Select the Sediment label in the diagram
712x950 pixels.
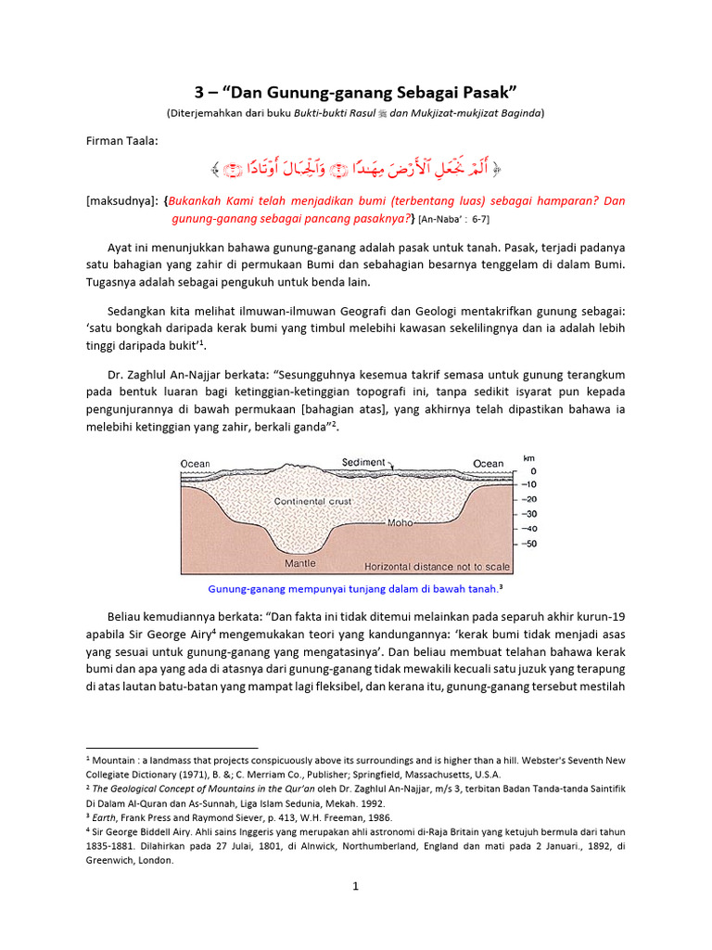click(363, 462)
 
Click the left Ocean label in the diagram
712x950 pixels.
click(196, 464)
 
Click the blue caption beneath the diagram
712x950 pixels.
click(355, 588)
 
